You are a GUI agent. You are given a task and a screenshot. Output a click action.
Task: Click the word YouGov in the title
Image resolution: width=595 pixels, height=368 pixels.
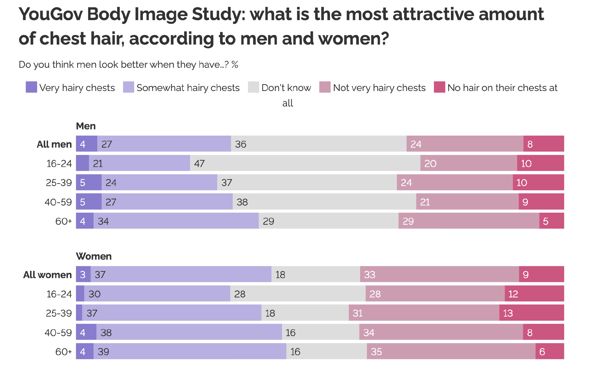(x=51, y=15)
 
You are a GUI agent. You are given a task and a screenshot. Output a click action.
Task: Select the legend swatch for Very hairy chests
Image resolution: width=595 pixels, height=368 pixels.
(x=31, y=87)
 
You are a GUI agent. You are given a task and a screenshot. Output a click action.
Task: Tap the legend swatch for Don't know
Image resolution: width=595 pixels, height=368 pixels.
(x=253, y=87)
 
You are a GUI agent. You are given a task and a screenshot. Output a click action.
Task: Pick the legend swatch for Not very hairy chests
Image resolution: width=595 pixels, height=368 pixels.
(x=325, y=87)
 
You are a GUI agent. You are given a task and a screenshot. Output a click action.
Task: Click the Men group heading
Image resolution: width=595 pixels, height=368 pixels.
(x=86, y=126)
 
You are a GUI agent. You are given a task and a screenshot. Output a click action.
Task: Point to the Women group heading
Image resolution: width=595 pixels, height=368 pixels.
(x=94, y=256)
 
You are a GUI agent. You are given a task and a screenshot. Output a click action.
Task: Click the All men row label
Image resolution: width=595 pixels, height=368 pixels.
(x=54, y=144)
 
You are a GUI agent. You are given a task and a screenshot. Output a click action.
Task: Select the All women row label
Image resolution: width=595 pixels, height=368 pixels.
(x=47, y=275)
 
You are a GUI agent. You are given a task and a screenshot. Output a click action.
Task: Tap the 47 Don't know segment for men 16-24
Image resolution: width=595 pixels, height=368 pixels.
(x=305, y=163)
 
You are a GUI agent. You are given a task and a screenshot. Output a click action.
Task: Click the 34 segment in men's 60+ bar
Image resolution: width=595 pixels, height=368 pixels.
(x=176, y=221)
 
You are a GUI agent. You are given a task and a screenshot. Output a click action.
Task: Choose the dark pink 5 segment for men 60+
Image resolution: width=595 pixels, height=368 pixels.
(x=551, y=221)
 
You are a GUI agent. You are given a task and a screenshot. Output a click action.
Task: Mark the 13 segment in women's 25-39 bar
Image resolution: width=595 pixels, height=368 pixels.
(x=531, y=313)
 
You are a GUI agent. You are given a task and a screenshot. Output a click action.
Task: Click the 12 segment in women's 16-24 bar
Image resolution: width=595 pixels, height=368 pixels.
(x=534, y=294)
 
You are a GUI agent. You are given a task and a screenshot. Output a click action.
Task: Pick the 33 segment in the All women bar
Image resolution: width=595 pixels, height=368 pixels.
(x=439, y=275)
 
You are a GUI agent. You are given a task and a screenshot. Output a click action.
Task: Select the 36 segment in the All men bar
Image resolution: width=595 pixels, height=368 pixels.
(x=319, y=144)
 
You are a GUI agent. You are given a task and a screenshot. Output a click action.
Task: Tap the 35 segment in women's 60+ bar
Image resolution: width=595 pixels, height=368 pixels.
(x=451, y=352)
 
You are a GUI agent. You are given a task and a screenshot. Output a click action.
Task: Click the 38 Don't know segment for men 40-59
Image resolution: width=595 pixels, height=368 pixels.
(x=324, y=202)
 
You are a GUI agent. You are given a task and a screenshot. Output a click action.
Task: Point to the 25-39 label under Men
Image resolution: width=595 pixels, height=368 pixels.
(x=59, y=183)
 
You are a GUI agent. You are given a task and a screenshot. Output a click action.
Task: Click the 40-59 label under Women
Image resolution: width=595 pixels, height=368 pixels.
(x=58, y=332)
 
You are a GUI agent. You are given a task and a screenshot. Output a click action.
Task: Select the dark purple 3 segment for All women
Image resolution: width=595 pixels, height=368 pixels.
(x=83, y=275)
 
